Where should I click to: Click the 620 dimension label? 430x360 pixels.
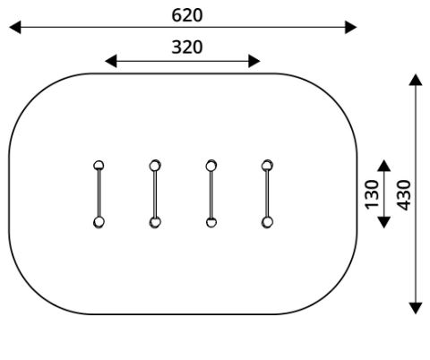pyautogui.click(x=187, y=15)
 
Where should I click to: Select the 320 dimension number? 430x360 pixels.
pyautogui.click(x=187, y=47)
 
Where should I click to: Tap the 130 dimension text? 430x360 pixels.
pyautogui.click(x=372, y=194)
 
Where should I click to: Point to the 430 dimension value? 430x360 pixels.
pyautogui.click(x=404, y=195)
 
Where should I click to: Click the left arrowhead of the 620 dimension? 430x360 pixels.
pyautogui.click(x=15, y=27)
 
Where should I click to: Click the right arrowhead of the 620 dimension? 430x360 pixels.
pyautogui.click(x=351, y=27)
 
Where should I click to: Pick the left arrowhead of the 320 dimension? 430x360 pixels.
pyautogui.click(x=110, y=61)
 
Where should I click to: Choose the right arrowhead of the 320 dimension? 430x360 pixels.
pyautogui.click(x=254, y=61)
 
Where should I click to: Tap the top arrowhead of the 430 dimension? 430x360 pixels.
pyautogui.click(x=416, y=80)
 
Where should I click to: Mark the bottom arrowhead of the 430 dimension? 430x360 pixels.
pyautogui.click(x=416, y=308)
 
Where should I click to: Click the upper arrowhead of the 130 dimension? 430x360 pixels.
pyautogui.click(x=383, y=166)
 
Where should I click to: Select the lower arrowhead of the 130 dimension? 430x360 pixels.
pyautogui.click(x=383, y=222)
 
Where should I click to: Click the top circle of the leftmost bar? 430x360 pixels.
pyautogui.click(x=99, y=165)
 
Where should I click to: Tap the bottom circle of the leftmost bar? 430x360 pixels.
pyautogui.click(x=99, y=222)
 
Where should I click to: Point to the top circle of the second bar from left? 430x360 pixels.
pyautogui.click(x=155, y=165)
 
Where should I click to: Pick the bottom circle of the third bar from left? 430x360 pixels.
pyautogui.click(x=211, y=222)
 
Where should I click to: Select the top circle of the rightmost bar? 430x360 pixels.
pyautogui.click(x=267, y=165)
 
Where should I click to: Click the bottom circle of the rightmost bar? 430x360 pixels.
pyautogui.click(x=267, y=222)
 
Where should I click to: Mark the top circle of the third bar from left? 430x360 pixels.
pyautogui.click(x=211, y=165)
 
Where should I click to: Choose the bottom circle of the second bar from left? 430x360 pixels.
pyautogui.click(x=155, y=222)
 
